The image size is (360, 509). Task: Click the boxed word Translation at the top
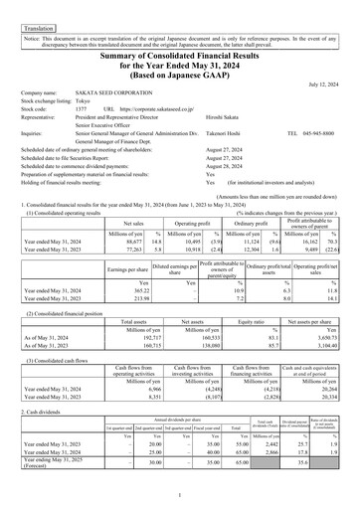click(27, 8)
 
